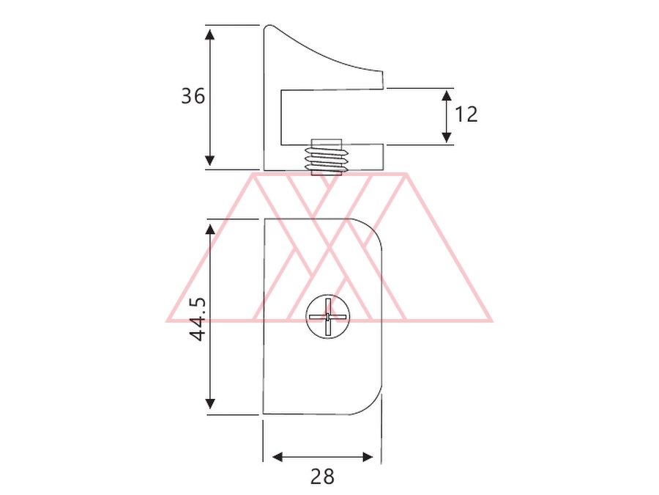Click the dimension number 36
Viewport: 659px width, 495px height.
[x=193, y=96]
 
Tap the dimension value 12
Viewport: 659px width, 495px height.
[x=466, y=114]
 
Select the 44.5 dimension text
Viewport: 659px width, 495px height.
[x=197, y=320]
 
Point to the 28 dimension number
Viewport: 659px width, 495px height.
[x=322, y=477]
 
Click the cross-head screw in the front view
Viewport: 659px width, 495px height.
[x=328, y=317]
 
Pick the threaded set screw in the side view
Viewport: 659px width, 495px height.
[x=327, y=157]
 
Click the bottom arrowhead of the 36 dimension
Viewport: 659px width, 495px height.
[x=209, y=161]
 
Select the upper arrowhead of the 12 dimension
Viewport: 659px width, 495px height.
[x=447, y=95]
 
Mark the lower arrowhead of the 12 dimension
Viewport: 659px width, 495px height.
[x=447, y=137]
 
